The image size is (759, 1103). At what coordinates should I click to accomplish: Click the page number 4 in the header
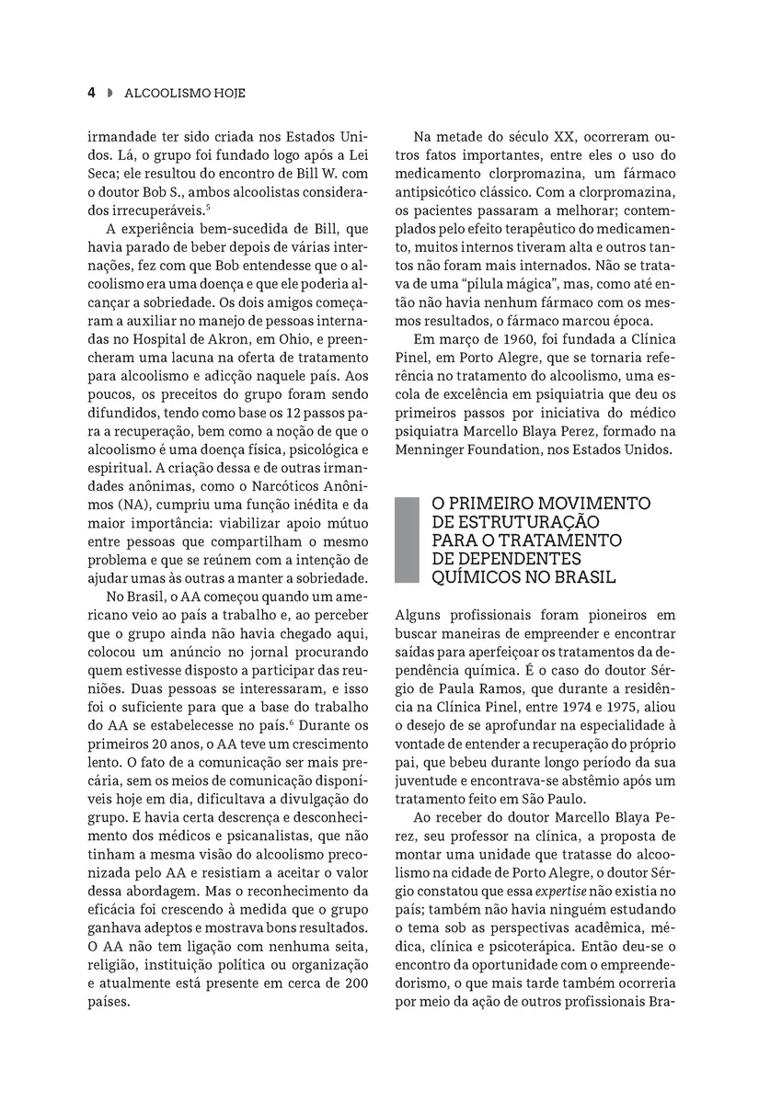click(91, 93)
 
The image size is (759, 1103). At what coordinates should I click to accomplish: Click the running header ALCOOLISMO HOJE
click(185, 93)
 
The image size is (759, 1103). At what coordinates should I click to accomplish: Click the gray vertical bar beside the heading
click(401, 540)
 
